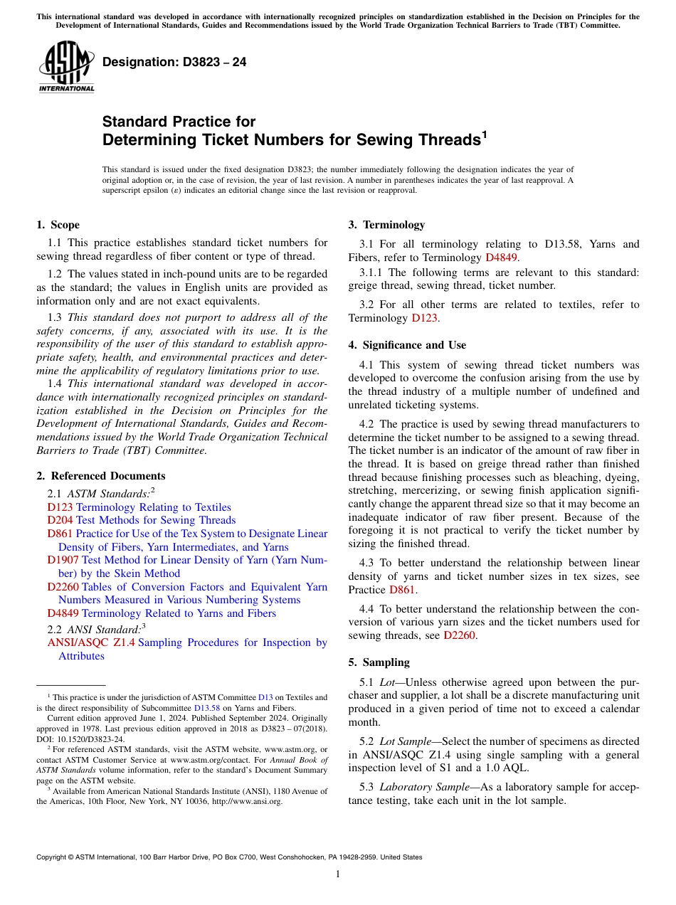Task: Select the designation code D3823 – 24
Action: tap(174, 62)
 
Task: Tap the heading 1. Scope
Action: tap(58, 225)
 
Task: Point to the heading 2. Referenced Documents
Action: tap(100, 476)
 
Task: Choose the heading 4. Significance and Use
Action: tap(407, 345)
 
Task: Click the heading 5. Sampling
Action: tap(379, 662)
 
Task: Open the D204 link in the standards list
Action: tap(60, 520)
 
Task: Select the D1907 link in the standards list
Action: tap(63, 560)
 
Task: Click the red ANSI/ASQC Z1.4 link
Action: tap(91, 642)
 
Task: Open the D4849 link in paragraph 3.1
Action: tap(502, 258)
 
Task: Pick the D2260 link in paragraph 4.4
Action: tap(459, 635)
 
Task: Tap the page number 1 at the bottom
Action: tap(338, 874)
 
